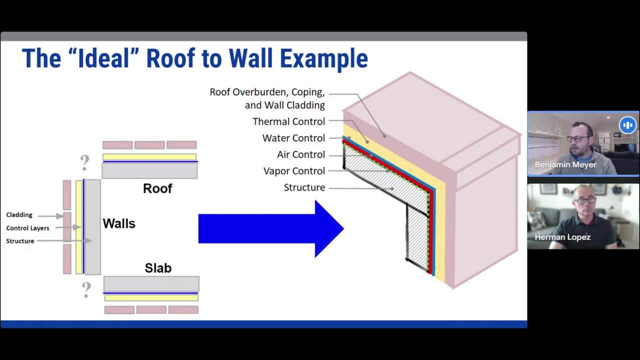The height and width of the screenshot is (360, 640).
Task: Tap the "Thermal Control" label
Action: (x=288, y=121)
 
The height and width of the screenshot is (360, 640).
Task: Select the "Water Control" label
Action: (x=293, y=138)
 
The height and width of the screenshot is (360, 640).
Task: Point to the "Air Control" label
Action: (x=300, y=154)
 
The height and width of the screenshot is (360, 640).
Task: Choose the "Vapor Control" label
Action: (x=294, y=171)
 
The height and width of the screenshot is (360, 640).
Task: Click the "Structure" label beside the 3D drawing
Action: (x=304, y=187)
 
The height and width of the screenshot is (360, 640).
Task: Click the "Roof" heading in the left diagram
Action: (x=157, y=188)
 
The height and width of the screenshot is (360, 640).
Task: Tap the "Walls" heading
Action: (x=119, y=223)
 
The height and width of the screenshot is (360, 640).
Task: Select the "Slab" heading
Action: (x=158, y=268)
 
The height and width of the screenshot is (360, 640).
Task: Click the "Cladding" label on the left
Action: (x=19, y=215)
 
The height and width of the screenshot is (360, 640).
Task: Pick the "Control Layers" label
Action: (x=27, y=228)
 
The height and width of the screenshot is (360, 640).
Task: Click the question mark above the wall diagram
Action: (x=84, y=161)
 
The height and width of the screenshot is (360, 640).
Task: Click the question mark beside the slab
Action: (x=86, y=289)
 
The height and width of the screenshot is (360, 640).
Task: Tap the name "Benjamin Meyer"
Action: (x=565, y=164)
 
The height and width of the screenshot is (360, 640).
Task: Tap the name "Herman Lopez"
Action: (x=562, y=237)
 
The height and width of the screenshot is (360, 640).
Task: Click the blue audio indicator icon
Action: (x=627, y=125)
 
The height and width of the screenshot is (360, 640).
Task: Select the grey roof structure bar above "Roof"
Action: (x=149, y=171)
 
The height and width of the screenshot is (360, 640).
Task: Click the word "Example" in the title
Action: (x=324, y=58)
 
